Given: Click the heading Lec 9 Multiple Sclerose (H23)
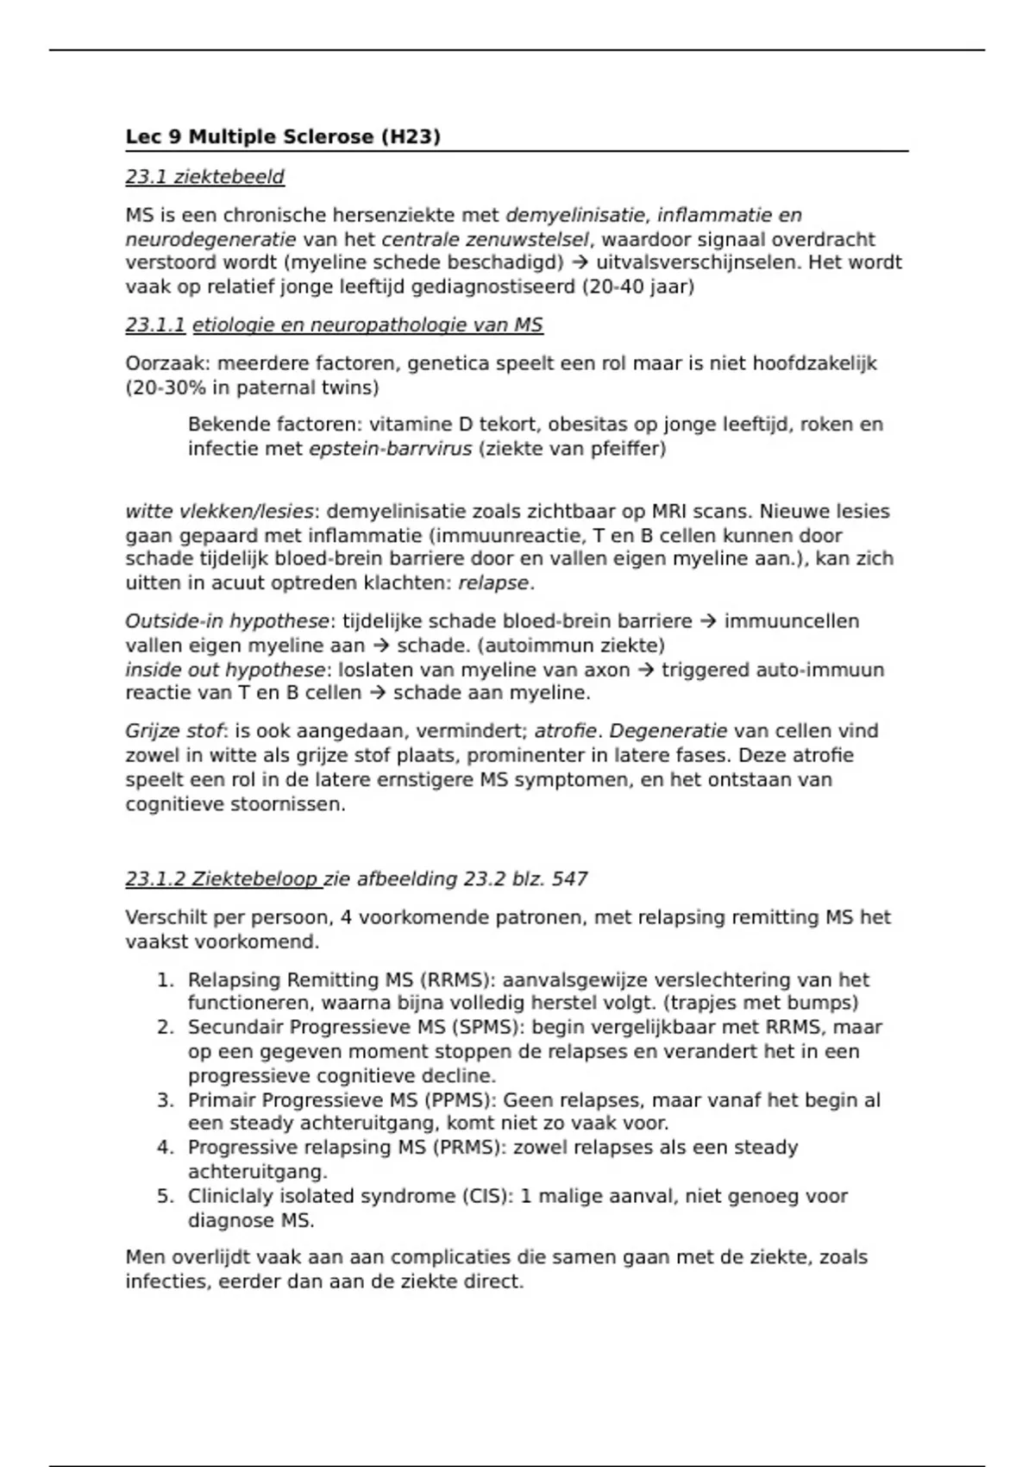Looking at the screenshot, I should (283, 137).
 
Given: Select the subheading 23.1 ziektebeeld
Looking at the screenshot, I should (204, 177).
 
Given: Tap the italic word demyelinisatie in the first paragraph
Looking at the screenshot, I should (574, 216).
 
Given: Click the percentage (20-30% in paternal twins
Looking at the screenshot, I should (252, 388).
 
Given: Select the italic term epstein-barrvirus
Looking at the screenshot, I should (391, 449).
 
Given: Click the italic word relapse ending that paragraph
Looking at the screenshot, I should (493, 583).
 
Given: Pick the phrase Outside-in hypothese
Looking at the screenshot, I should (227, 621).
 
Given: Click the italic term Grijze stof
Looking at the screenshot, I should (174, 732).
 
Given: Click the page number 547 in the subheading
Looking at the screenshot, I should (569, 879).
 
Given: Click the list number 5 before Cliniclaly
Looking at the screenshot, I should (165, 1196).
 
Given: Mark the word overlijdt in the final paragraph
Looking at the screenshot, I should (208, 1257).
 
